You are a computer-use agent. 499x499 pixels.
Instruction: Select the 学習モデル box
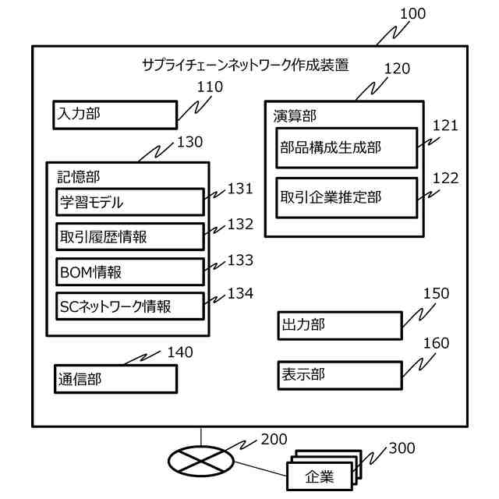click(x=129, y=203)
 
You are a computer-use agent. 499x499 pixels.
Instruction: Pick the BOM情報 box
click(x=129, y=272)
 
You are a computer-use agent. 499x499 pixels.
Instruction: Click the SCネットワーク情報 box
click(x=129, y=306)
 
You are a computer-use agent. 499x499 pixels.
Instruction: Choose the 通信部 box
click(x=115, y=379)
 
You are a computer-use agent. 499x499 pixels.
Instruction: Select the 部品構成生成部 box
click(x=347, y=147)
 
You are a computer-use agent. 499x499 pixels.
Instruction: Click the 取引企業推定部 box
click(x=347, y=197)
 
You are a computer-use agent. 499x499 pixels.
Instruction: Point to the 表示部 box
click(x=339, y=374)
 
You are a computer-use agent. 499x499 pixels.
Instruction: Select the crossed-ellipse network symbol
click(x=200, y=460)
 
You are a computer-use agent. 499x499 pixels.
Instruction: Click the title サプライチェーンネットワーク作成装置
click(x=245, y=65)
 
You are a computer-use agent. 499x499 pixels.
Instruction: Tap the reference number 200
click(x=274, y=440)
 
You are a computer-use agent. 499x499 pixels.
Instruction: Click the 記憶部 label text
click(x=79, y=177)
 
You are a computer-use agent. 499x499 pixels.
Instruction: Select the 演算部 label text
click(x=295, y=115)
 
